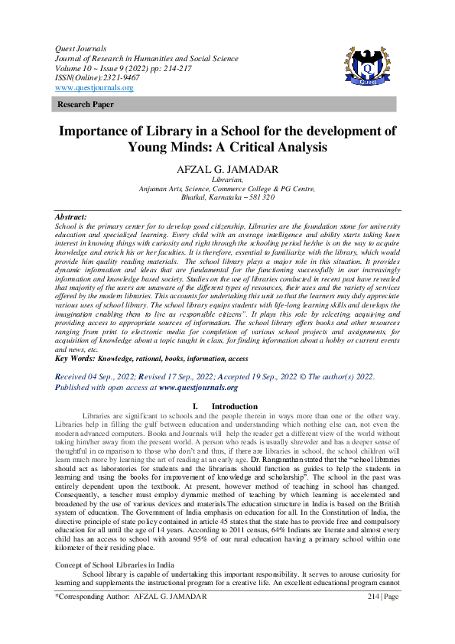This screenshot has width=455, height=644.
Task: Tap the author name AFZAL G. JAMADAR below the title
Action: tap(227, 169)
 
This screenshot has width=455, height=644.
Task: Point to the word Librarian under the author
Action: tap(227, 181)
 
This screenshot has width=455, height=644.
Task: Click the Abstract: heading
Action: tap(72, 218)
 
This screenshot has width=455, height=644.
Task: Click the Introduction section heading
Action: tap(234, 406)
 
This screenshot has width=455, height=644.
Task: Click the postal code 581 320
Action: tap(258, 197)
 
